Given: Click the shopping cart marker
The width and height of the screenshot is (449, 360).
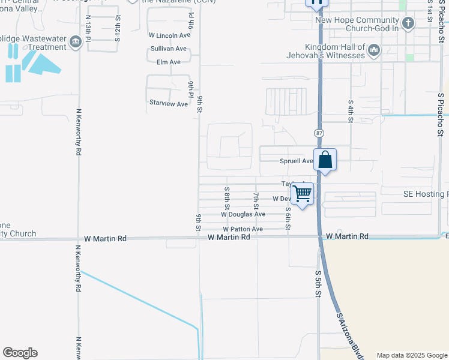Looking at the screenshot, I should pos(303,194).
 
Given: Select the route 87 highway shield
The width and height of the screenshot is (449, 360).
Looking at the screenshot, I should pos(318,132).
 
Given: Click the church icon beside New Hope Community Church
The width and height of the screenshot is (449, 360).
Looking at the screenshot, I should pos(408,24).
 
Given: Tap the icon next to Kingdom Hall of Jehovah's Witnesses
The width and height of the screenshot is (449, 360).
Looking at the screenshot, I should pos(374,50).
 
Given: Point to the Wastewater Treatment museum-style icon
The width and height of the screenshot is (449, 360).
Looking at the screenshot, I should pos(76,41).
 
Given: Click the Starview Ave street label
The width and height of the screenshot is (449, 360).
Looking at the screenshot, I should pos(169,104).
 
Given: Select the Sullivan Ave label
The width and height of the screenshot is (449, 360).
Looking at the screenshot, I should pos(169,49).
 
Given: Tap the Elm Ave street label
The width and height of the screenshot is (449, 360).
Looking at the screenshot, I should pos(169,62).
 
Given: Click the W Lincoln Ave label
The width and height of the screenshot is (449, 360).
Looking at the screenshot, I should pos(169,35).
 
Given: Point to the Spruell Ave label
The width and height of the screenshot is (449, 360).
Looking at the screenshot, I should pos(297,161).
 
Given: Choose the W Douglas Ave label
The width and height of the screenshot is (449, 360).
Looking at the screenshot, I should pos(243,214).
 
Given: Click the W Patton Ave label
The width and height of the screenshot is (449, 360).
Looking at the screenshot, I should pos(243,229).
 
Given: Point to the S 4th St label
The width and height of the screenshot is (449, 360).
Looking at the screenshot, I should pos(350,110).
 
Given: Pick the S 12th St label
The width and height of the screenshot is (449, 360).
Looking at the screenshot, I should pos(118,28).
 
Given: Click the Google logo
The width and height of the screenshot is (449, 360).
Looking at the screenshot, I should pos(20,353).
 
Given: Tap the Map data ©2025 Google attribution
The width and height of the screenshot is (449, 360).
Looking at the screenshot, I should pos(411,355).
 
